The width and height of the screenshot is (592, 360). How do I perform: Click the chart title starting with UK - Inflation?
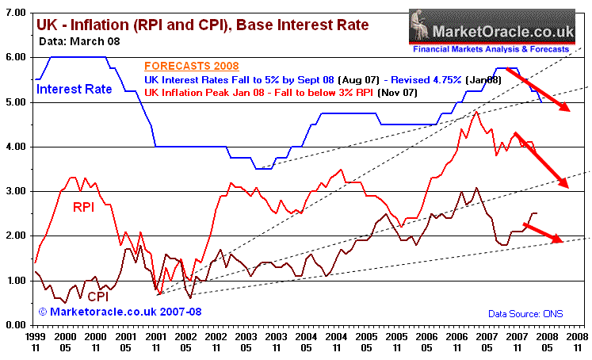point(202,25)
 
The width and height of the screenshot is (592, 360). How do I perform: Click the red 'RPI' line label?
point(86,209)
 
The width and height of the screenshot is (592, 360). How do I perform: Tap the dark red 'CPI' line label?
point(99,295)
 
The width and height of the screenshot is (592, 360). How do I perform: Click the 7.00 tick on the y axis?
point(18,13)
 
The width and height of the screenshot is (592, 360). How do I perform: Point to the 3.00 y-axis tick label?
point(18,191)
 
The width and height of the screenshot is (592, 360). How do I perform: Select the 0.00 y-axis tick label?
point(18,324)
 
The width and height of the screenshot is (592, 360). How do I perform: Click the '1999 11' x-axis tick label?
point(35,342)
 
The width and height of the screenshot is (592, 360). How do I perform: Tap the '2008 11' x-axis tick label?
point(577,342)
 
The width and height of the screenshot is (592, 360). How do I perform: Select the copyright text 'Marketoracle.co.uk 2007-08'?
point(120,312)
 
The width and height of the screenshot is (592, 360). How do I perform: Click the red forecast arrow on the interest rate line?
point(539,90)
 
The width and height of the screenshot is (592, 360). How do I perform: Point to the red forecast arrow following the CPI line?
point(543,233)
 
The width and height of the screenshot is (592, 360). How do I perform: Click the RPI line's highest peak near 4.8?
point(476,113)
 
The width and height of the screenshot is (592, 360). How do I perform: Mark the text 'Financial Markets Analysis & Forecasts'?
point(491,49)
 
